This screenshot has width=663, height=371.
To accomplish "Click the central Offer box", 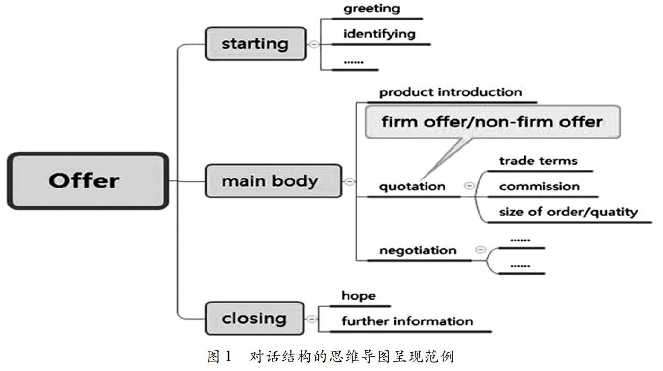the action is point(88,181).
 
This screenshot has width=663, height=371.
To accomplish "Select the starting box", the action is point(256,44).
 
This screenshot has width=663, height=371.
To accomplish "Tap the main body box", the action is point(274,181).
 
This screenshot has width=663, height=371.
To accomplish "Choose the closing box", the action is point(254,318).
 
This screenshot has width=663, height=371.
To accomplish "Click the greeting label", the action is point(372,9).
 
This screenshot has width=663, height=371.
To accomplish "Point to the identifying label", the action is point(380,34).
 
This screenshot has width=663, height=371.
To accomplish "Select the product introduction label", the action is point(451,92).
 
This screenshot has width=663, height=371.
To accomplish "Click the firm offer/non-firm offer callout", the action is point(493,122).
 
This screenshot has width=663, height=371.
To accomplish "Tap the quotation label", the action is point(412,187).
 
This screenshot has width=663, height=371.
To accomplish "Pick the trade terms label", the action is point(538,161).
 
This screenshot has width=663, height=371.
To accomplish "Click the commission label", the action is point(539,186).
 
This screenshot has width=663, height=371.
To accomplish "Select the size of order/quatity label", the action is point(568,212).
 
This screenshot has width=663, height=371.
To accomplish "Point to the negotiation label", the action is point(418,251).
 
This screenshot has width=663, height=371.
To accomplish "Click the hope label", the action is point(358,296).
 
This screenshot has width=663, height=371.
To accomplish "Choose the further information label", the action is point(407,321).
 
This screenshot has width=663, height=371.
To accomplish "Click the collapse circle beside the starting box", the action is point(314,44).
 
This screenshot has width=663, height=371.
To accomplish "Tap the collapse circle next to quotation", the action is point(469,186).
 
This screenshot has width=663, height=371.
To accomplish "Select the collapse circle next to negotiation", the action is point(481,250).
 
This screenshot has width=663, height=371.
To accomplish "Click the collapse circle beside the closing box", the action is point(311,319).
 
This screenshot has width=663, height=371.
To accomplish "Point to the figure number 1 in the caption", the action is point(228,356).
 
